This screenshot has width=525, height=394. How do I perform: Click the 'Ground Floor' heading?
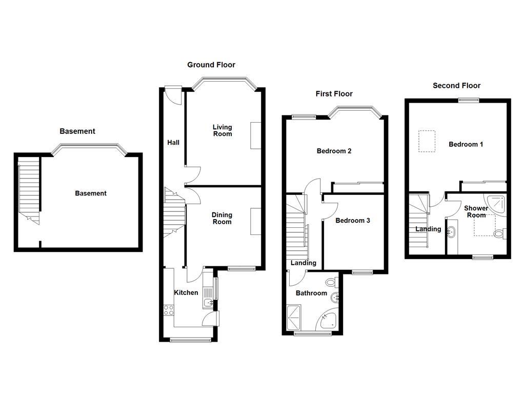pyautogui.click(x=211, y=65)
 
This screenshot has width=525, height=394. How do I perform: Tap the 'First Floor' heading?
pyautogui.click(x=334, y=94)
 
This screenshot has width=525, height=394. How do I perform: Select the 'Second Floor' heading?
pyautogui.click(x=456, y=86)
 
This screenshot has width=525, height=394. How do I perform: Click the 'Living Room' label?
pyautogui.click(x=223, y=130)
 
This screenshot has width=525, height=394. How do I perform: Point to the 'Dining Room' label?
pyautogui.click(x=222, y=219)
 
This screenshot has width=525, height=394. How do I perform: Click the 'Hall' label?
pyautogui.click(x=173, y=142)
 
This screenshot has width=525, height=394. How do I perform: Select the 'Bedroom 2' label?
pyautogui.click(x=334, y=151)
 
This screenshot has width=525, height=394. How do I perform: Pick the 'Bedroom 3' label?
pyautogui.click(x=352, y=221)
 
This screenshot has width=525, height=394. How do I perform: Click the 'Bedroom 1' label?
pyautogui.click(x=466, y=144)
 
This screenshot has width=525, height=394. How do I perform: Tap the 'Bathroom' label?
pyautogui.click(x=311, y=293)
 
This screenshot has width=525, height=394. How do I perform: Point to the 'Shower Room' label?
pyautogui.click(x=476, y=211)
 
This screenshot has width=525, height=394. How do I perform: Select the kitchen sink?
pyautogui.click(x=208, y=303)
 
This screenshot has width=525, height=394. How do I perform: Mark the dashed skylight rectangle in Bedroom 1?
pyautogui.click(x=427, y=141)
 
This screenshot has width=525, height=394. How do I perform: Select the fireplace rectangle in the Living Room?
pyautogui.click(x=255, y=135)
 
